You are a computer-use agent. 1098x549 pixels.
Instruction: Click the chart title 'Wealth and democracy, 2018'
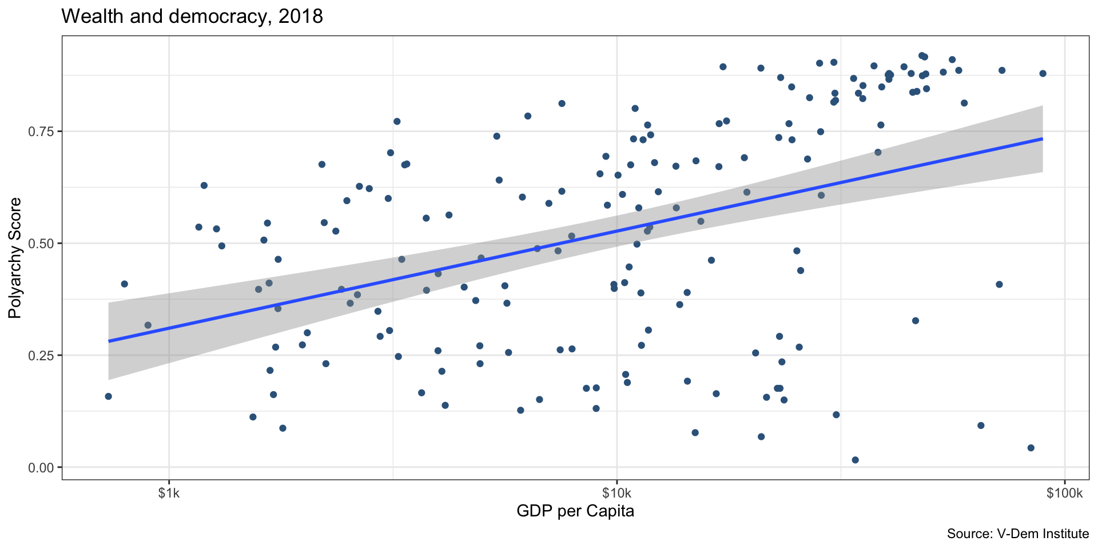point(192,17)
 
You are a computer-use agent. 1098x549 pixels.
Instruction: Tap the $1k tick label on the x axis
point(169,494)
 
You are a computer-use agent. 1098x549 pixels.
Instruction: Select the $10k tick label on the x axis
point(616,494)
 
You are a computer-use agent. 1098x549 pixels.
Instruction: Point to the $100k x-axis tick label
point(1064,494)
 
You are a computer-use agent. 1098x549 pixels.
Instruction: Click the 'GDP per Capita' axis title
point(575,511)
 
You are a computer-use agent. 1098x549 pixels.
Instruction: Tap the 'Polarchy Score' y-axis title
point(15,258)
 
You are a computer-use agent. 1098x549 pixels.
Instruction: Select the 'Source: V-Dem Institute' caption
point(1017,534)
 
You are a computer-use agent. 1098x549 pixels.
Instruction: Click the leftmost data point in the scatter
point(108,396)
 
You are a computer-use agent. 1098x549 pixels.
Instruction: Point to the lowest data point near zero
point(855,460)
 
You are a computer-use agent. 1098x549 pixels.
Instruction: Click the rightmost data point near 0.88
point(1043,73)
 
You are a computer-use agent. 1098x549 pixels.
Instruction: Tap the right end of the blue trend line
point(1042,139)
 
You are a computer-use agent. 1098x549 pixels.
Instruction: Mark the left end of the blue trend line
point(109,341)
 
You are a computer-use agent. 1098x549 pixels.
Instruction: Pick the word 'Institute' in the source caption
point(1064,534)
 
